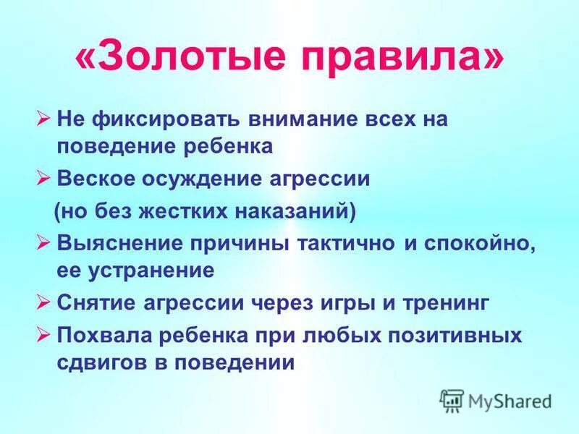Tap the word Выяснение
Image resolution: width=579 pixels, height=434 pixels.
(x=121, y=244)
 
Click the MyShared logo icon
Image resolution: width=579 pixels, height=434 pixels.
(x=452, y=399)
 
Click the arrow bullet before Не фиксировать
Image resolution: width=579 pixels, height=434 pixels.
(x=43, y=119)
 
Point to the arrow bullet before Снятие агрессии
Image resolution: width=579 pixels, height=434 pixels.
(x=43, y=302)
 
